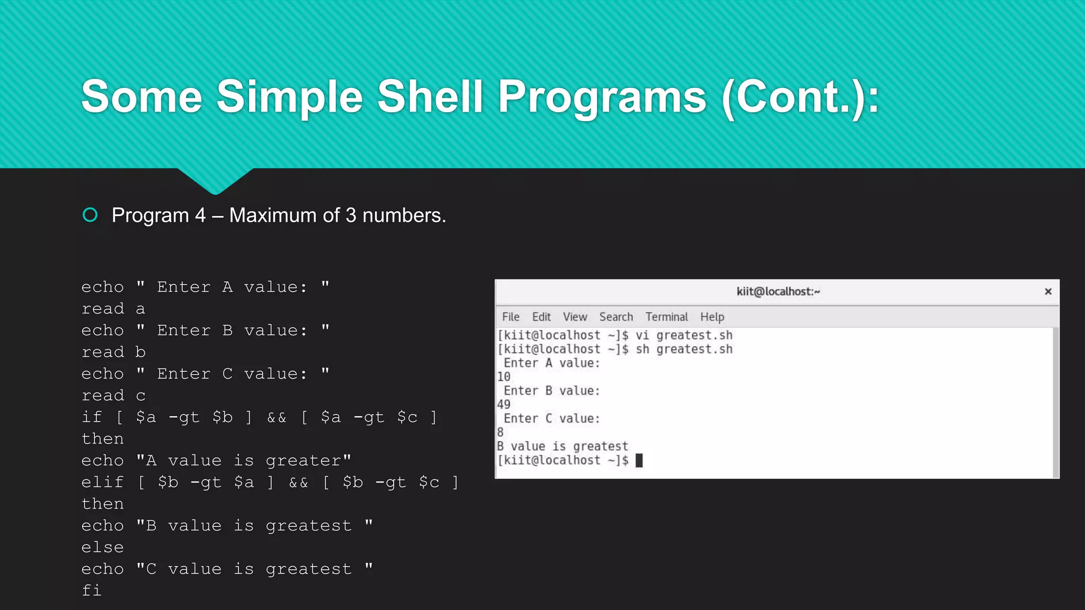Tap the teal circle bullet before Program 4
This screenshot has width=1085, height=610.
point(90,215)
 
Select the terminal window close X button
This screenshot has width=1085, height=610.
point(1047,292)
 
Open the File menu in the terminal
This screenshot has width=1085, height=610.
point(510,317)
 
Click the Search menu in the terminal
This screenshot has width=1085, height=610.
point(616,317)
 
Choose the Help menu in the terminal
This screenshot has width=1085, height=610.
point(712,317)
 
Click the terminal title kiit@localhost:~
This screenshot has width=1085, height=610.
point(778,292)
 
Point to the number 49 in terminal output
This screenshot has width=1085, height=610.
point(503,405)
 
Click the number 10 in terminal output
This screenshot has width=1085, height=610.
point(503,377)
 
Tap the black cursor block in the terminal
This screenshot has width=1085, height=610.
point(639,460)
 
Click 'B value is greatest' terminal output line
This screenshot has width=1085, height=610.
point(562,446)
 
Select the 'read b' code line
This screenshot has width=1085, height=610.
point(113,352)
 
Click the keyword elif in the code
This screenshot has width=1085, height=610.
point(102,482)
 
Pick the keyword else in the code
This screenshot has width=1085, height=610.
point(102,548)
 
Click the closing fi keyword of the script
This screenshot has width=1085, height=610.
point(91,590)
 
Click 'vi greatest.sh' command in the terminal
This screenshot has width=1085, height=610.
point(683,335)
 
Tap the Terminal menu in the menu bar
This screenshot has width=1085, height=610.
point(666,317)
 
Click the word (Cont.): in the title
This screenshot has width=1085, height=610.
point(800,97)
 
